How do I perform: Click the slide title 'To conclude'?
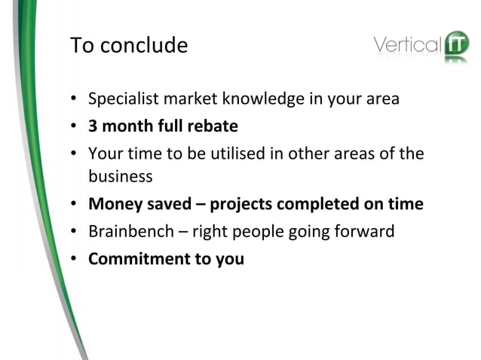point(129,46)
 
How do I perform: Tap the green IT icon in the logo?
point(456,45)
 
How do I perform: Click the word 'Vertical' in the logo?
point(407,45)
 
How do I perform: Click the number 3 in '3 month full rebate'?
point(93,126)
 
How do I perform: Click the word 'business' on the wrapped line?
point(121,177)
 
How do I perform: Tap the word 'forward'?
point(365,231)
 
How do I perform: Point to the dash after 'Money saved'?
point(203,204)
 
